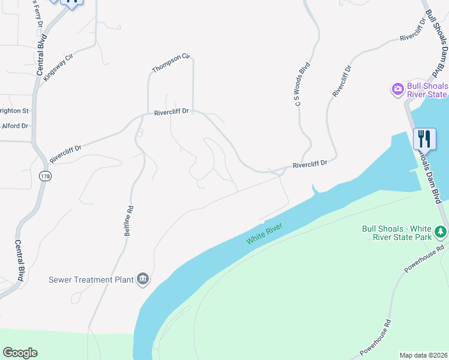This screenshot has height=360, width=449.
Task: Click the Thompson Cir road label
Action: [170, 64]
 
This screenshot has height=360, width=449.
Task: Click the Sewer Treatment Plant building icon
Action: [143, 279]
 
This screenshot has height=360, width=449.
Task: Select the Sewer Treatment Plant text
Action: [89, 280]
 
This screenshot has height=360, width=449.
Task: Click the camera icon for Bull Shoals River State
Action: [397, 89]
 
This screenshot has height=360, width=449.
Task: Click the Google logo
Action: [20, 352]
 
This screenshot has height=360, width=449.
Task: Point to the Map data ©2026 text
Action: [423, 355]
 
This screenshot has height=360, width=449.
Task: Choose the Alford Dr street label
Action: [15, 126]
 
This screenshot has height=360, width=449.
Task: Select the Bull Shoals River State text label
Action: [427, 90]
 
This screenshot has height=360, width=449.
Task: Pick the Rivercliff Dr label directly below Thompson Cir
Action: [171, 112]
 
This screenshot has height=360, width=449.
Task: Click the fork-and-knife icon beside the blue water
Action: [424, 139]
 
